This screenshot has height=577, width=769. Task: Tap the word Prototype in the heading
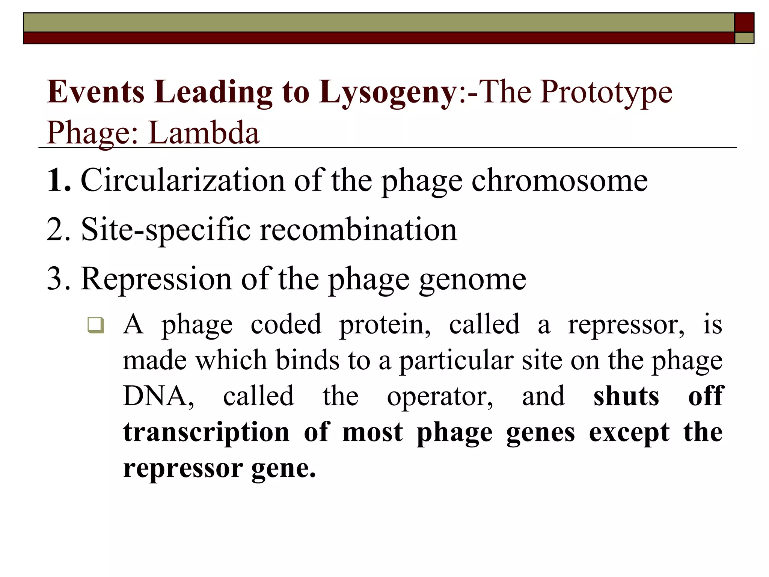(x=606, y=93)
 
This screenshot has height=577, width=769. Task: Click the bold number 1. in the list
(x=59, y=180)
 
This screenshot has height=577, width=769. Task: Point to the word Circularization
(x=182, y=180)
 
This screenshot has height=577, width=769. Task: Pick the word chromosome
(x=559, y=180)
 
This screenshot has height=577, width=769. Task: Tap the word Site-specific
(x=166, y=230)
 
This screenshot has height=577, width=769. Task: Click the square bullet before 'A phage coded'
(x=95, y=325)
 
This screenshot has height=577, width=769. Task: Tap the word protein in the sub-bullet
(x=385, y=325)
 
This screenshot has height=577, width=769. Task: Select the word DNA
(x=158, y=396)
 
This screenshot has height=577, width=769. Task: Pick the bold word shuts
(x=626, y=396)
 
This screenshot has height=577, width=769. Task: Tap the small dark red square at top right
(x=744, y=23)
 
